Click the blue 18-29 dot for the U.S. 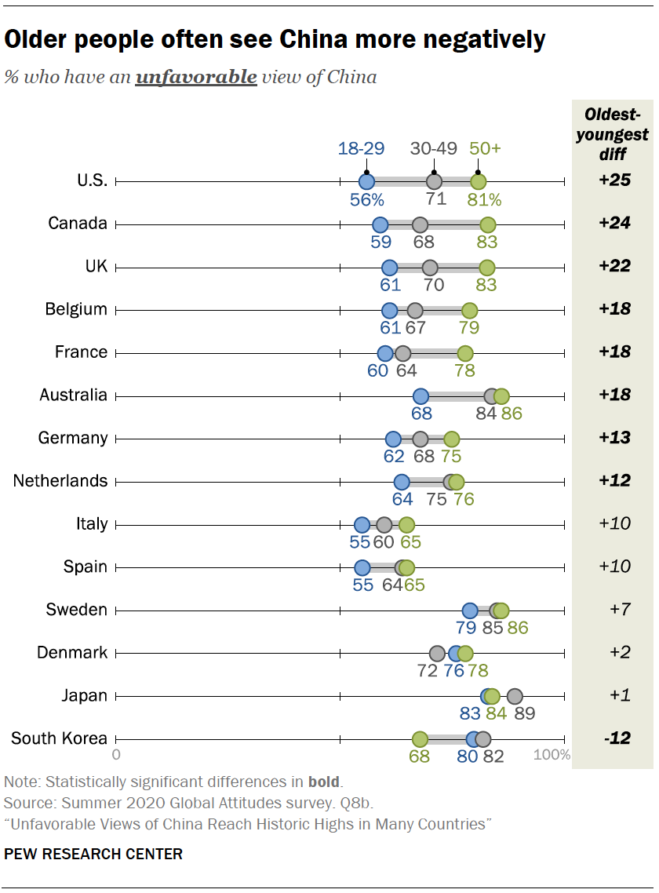tap(366, 182)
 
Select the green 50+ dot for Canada tap(488, 224)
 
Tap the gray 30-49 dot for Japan tap(515, 695)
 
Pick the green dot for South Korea tap(420, 738)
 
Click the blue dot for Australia tap(421, 395)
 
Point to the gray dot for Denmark tap(438, 653)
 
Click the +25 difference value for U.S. tap(614, 180)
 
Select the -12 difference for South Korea tap(614, 738)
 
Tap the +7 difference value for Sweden tap(614, 610)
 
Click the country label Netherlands tap(60, 480)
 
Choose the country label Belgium tap(76, 308)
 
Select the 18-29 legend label tap(361, 148)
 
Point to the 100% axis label tap(552, 756)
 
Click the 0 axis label tap(116, 756)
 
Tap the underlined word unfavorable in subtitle tap(196, 77)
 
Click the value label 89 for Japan tap(524, 713)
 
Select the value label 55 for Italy tap(361, 542)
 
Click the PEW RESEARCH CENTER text tap(93, 854)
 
